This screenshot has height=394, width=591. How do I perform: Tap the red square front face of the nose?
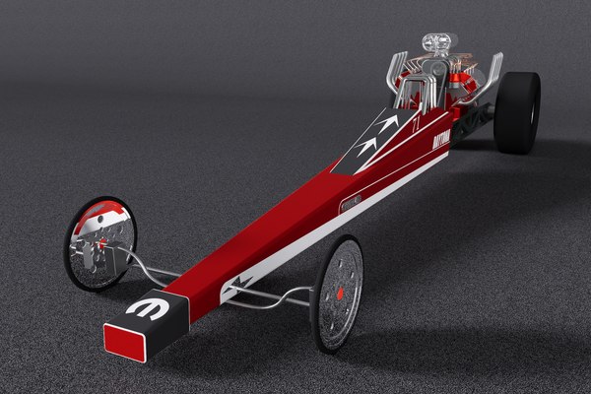126,342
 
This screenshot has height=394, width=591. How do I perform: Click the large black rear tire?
516,111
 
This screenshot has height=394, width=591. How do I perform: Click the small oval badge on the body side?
351,203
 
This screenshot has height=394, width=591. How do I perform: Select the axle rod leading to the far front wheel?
148,266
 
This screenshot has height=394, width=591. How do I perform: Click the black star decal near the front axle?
239,281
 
